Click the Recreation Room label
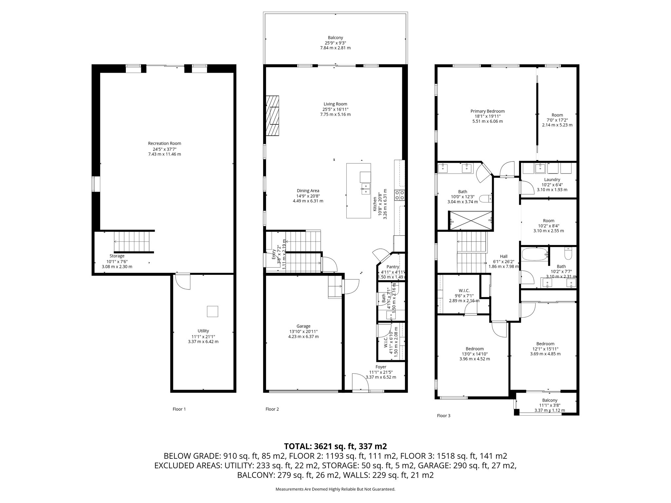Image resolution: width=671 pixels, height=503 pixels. click(164, 143)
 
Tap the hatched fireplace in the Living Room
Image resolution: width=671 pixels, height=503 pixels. click(272, 115)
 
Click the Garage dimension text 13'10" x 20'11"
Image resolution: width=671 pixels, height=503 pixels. click(303, 331)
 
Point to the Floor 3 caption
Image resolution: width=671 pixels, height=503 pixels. click(444, 416)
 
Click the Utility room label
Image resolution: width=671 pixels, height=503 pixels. click(203, 331)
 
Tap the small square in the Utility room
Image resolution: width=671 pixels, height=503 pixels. click(212, 311)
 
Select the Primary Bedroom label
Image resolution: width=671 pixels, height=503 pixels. click(488, 111)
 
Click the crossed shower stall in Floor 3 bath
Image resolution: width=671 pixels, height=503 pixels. click(470, 220)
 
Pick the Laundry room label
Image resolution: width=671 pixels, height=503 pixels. click(552, 179)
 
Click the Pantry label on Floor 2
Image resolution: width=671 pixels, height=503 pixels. click(393, 267)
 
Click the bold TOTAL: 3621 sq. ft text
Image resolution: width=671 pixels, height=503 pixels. click(335, 446)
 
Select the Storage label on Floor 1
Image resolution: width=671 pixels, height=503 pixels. click(117, 256)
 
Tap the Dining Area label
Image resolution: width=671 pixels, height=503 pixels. click(308, 191)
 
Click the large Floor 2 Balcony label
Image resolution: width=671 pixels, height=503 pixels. click(335, 38)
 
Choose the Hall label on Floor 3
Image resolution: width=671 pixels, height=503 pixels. click(504, 256)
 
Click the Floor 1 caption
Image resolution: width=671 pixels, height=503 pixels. click(179, 409)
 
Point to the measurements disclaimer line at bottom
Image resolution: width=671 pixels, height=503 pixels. click(335, 489)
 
